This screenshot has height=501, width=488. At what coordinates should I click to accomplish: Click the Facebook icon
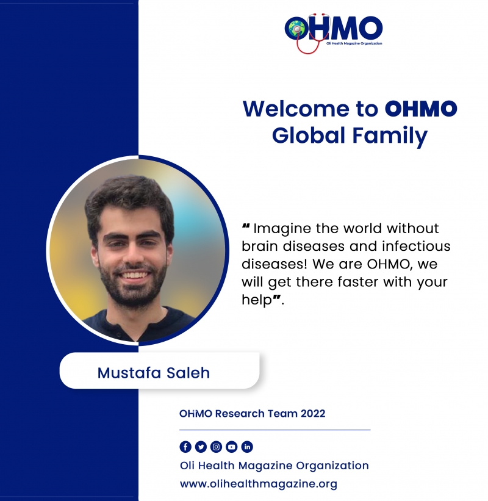[x=185, y=447]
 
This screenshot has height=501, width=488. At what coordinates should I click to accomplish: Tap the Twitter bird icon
[x=201, y=447]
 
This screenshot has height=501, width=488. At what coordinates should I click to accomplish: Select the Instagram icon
[x=216, y=447]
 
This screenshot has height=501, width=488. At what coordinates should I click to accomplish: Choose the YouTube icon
[x=232, y=447]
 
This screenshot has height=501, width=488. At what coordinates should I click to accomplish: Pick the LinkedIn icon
[x=247, y=447]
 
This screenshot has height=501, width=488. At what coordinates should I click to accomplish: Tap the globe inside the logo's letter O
[x=297, y=29]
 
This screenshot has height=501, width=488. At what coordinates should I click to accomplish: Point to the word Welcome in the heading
[x=296, y=109]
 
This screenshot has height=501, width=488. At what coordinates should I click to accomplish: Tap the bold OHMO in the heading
[x=421, y=109]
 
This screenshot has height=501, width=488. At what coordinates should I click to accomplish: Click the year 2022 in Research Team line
[x=313, y=414]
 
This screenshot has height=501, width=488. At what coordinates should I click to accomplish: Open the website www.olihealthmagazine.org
[x=259, y=484]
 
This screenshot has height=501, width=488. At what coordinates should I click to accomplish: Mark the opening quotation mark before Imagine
[x=246, y=226]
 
